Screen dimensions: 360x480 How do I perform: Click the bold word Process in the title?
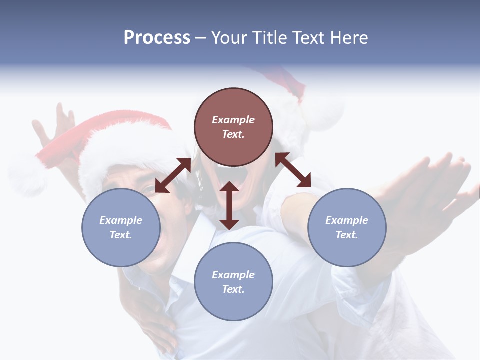157,38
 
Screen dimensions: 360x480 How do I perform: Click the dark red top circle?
233,127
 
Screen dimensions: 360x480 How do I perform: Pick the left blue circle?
121,227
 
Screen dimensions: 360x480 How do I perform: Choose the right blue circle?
347,227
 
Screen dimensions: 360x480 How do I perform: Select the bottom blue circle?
233,282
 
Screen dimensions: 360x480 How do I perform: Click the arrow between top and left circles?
173,175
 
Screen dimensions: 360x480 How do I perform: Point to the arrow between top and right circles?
293,170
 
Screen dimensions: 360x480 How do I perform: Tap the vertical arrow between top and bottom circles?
229,205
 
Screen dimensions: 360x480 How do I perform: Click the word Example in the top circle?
233,120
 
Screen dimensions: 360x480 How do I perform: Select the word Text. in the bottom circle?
233,289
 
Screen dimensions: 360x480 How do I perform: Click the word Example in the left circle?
121,220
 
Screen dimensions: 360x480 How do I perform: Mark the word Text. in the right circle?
347,235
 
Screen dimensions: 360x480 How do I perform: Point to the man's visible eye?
149,189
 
